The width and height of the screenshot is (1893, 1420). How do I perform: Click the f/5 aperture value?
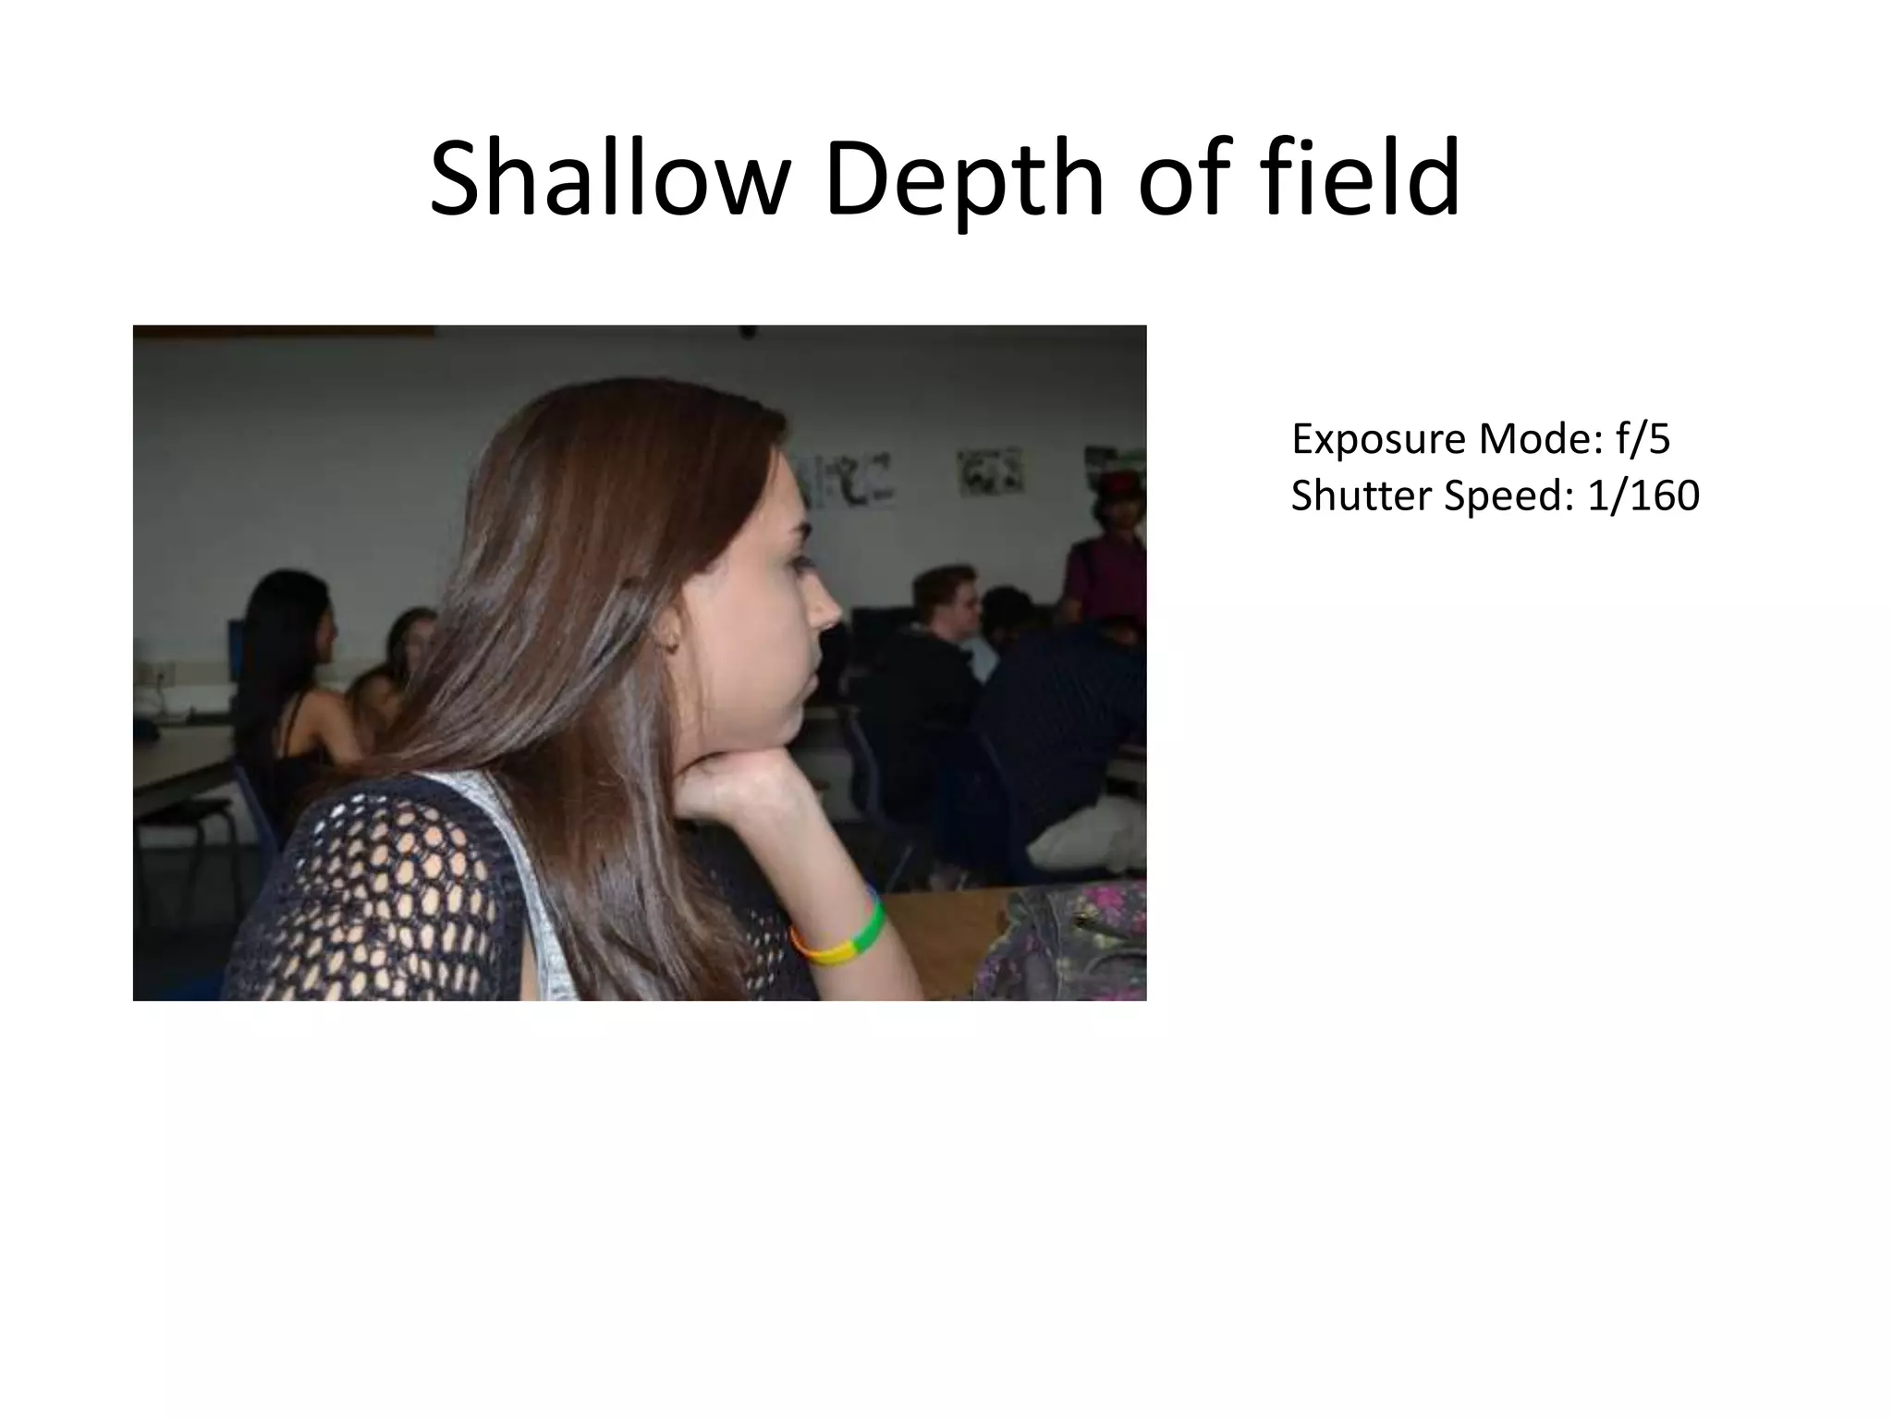(1643, 439)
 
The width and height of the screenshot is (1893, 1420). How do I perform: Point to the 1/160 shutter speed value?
(1643, 496)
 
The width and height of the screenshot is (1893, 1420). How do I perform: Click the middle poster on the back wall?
(989, 471)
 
